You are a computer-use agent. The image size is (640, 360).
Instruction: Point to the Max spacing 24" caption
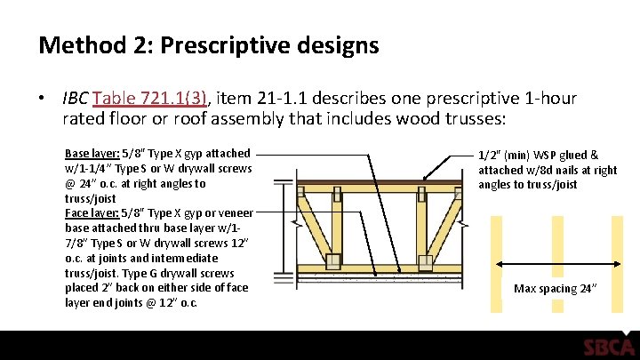pos(555,289)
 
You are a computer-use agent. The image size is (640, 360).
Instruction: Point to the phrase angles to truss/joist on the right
pos(528,184)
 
